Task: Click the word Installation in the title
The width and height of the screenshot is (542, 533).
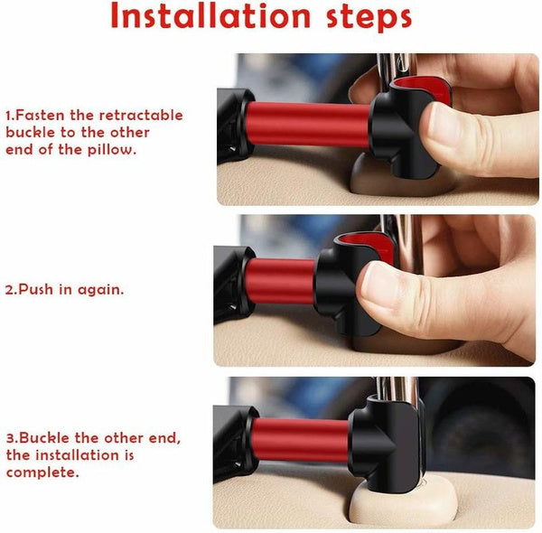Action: click(210, 16)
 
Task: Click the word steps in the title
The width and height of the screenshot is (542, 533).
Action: click(369, 18)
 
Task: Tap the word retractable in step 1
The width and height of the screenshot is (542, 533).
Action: click(141, 115)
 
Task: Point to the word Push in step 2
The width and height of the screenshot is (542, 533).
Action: click(35, 289)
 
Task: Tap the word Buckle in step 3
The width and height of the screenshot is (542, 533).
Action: click(44, 438)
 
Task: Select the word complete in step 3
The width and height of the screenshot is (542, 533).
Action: click(42, 472)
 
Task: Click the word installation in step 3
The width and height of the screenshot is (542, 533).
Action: click(78, 455)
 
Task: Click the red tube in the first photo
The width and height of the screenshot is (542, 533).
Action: click(308, 125)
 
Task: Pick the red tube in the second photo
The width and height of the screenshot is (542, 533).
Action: click(280, 281)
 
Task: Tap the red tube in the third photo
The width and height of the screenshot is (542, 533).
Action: click(301, 440)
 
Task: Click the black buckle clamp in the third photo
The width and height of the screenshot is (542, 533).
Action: click(386, 444)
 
